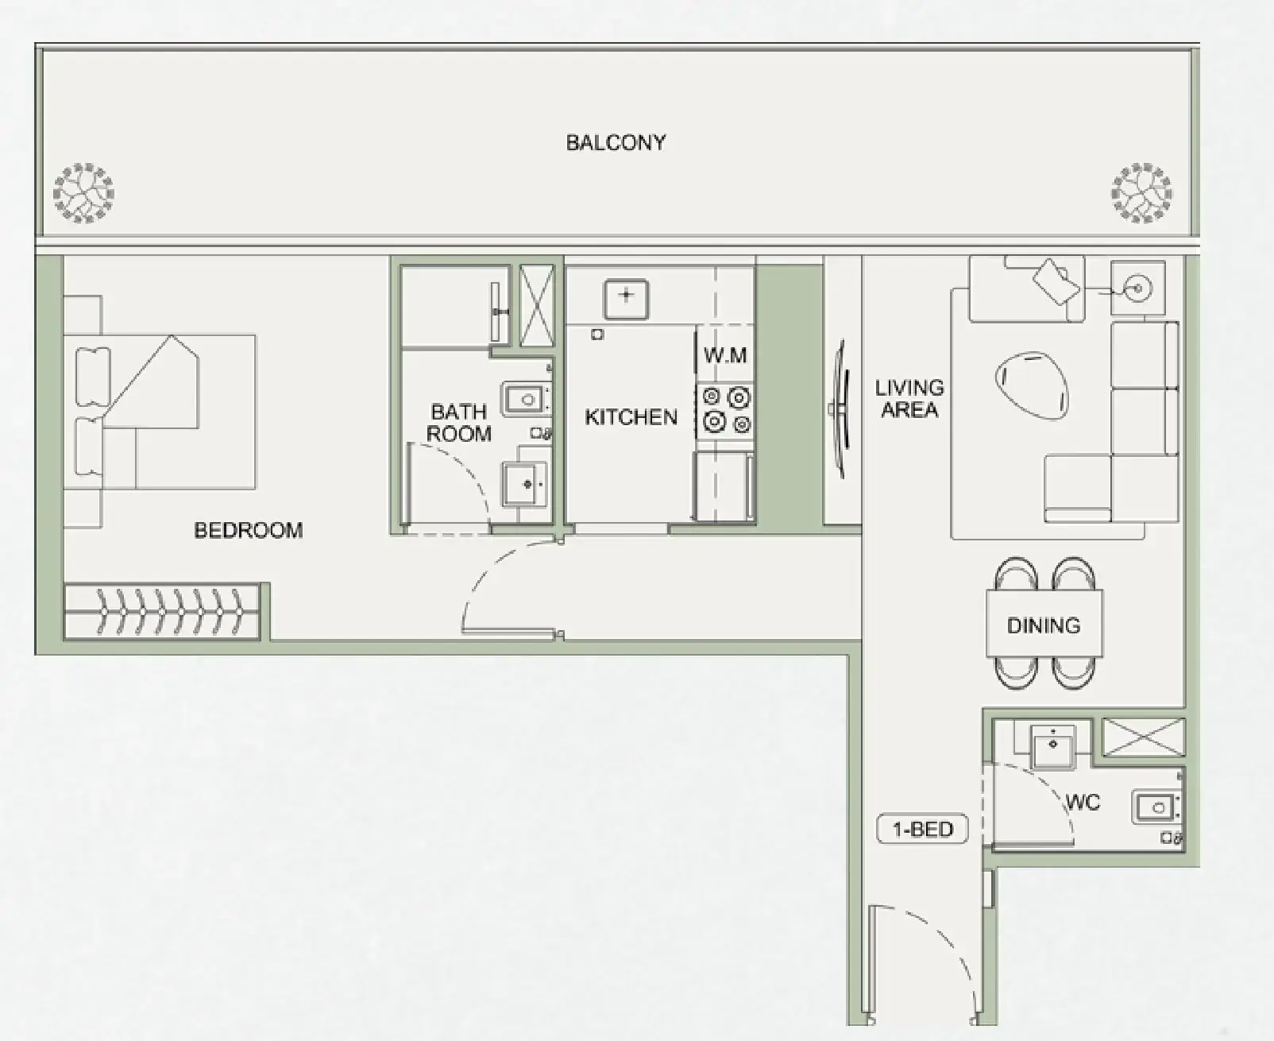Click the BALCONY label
[x=616, y=143]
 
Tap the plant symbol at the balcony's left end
[x=83, y=193]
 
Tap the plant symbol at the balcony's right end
[x=1141, y=193]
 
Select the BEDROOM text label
[x=249, y=530]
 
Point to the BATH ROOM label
[x=458, y=423]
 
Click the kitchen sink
[x=626, y=298]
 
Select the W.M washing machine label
[x=724, y=355]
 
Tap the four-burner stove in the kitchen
[x=725, y=408]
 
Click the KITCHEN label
[x=631, y=417]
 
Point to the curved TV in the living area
[x=841, y=409]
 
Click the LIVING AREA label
[x=909, y=399]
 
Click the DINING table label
[x=1044, y=625]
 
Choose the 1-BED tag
[x=922, y=830]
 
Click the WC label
[x=1083, y=803]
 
